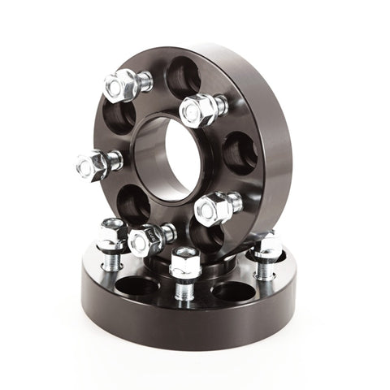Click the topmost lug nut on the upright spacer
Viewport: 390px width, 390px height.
pyautogui.click(x=123, y=83)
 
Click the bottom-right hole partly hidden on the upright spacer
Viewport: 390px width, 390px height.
pyautogui.click(x=230, y=236)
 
